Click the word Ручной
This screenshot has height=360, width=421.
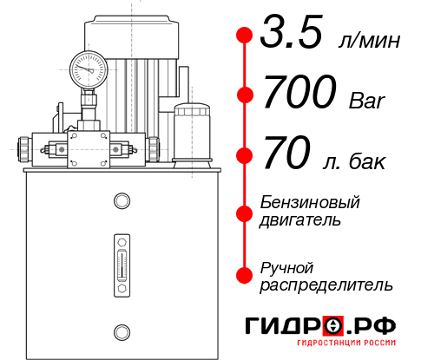tap(286, 266)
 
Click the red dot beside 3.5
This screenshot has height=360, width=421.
tap(245, 36)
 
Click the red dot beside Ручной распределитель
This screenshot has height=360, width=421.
tap(245, 275)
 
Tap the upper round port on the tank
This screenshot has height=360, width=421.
tap(122, 202)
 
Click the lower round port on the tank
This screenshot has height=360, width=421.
tap(122, 330)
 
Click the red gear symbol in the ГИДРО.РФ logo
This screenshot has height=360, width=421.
tap(334, 327)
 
